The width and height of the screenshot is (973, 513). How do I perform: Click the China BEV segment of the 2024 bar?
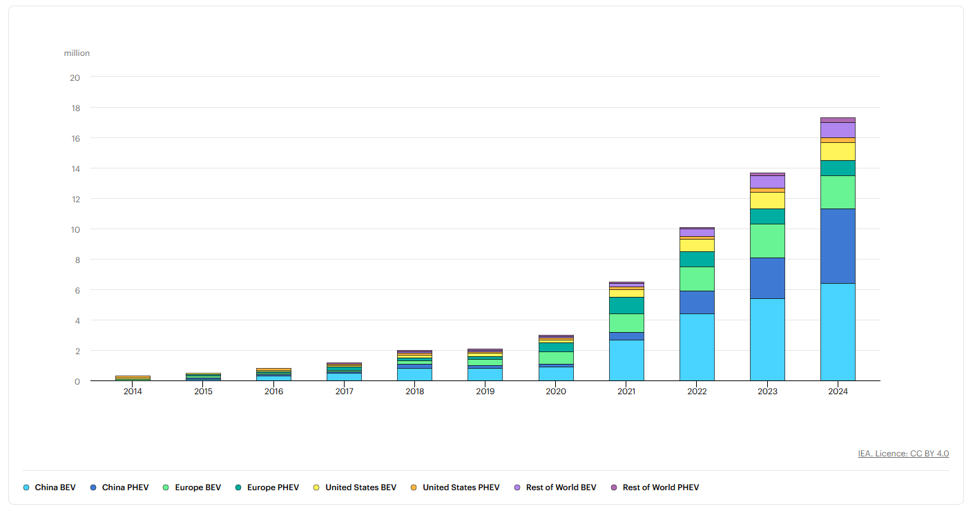click(x=838, y=332)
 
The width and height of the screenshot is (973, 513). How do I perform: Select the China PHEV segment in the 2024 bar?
click(x=838, y=246)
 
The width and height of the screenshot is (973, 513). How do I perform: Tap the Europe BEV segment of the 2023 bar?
click(x=767, y=241)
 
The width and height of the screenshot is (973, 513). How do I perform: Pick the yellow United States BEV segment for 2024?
click(x=838, y=151)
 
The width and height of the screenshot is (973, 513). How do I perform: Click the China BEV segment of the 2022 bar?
click(x=697, y=347)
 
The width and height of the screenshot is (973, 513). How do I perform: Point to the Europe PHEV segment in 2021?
click(x=626, y=305)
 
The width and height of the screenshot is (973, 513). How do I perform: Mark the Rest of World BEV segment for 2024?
click(x=838, y=130)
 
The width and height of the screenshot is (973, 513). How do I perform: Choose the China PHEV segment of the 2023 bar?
click(x=767, y=278)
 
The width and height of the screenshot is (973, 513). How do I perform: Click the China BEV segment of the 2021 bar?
click(x=626, y=360)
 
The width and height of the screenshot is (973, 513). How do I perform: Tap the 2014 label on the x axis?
click(x=133, y=391)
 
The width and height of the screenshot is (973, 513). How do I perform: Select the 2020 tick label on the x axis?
click(x=556, y=391)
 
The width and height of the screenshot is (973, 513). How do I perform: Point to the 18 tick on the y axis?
click(x=75, y=108)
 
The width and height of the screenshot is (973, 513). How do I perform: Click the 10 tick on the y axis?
click(x=75, y=229)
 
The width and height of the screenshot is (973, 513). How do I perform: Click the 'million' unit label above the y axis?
click(x=77, y=53)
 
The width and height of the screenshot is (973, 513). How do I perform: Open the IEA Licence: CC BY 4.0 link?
click(x=903, y=454)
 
